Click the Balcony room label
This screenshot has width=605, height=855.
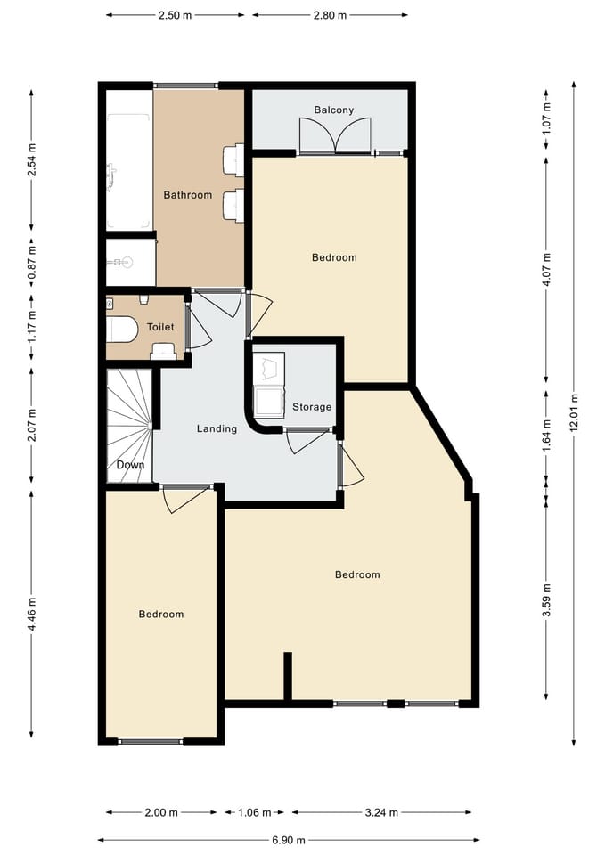click(x=333, y=110)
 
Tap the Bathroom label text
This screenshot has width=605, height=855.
click(x=187, y=195)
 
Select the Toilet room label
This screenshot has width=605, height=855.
click(x=160, y=328)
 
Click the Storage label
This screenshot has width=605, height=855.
click(x=312, y=407)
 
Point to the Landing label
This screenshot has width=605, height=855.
click(x=217, y=428)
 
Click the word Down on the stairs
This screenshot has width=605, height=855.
click(x=130, y=465)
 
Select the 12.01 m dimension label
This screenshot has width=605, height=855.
click(x=575, y=411)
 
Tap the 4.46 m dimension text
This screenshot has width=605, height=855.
click(x=32, y=615)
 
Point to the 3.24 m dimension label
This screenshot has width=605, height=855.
click(x=380, y=812)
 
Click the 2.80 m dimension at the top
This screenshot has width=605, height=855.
click(x=330, y=15)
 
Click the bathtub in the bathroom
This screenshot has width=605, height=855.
click(x=128, y=171)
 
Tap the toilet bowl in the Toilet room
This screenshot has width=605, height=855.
click(x=121, y=330)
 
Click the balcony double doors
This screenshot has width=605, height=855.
click(x=334, y=135)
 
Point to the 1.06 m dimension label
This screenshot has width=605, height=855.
click(x=254, y=812)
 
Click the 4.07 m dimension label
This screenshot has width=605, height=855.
click(x=546, y=270)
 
